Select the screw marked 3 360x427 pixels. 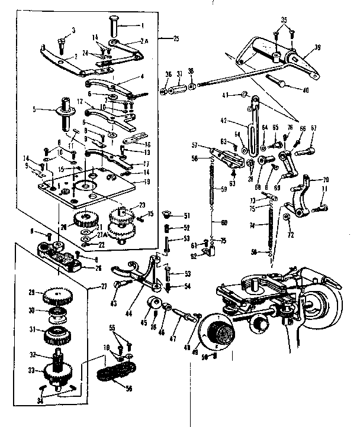tap(63, 40)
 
